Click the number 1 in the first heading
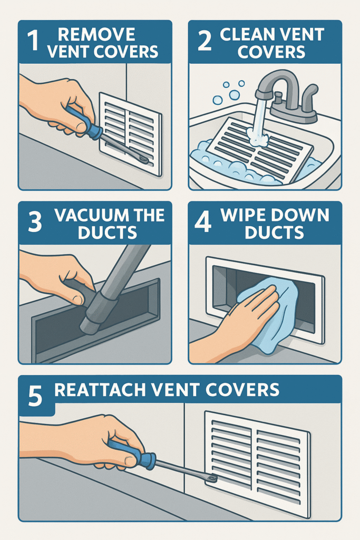tap(34, 43)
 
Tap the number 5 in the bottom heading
tap(35, 397)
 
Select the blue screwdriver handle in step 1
tap(83, 122)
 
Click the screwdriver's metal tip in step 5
tap(212, 479)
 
